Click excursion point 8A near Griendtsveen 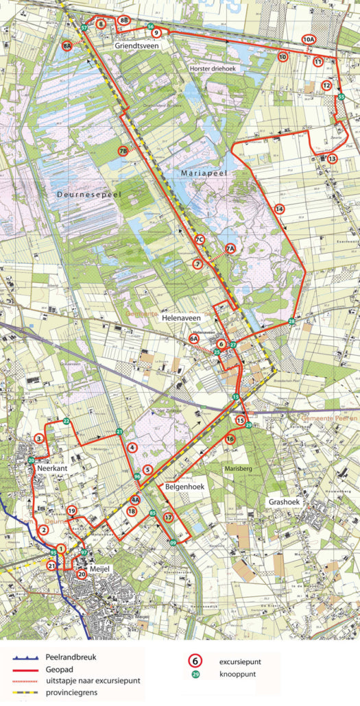coord(67,46)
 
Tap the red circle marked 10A coord(309,40)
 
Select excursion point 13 coord(333,158)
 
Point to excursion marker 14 coord(279,208)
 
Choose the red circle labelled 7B coord(123,151)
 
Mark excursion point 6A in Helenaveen coord(194,339)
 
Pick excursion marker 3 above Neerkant coord(39,439)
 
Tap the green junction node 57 coord(84,27)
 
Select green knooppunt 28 coord(291,321)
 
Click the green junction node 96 coord(137,476)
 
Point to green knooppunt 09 coord(173,542)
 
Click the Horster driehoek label coord(212,69)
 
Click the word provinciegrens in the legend coord(72,692)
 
